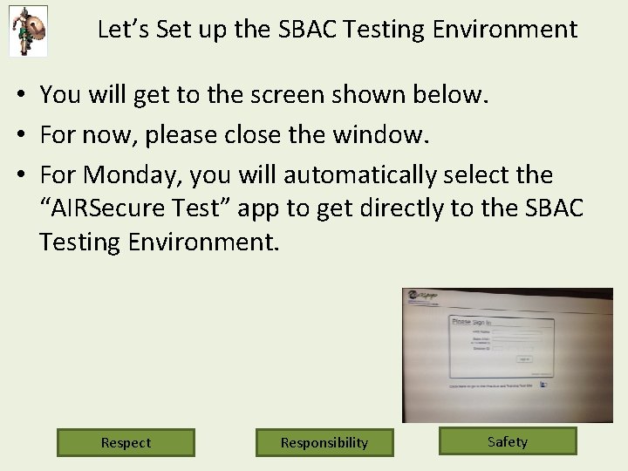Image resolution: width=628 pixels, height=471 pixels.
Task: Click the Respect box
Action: click(126, 442)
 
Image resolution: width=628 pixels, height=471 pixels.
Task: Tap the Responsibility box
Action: click(324, 442)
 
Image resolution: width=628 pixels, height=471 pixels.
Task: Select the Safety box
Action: click(508, 441)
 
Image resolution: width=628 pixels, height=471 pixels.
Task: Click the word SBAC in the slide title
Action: click(307, 30)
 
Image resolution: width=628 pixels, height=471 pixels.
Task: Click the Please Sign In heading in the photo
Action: click(471, 322)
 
